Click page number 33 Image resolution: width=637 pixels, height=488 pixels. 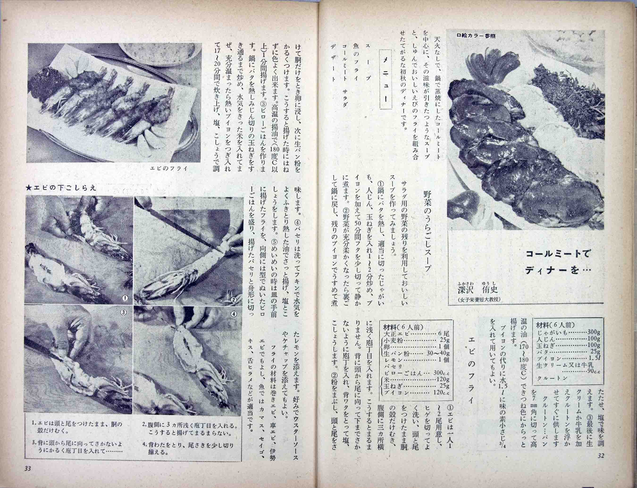[x=28, y=477]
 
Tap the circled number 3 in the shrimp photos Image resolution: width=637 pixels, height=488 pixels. [x=123, y=312]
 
